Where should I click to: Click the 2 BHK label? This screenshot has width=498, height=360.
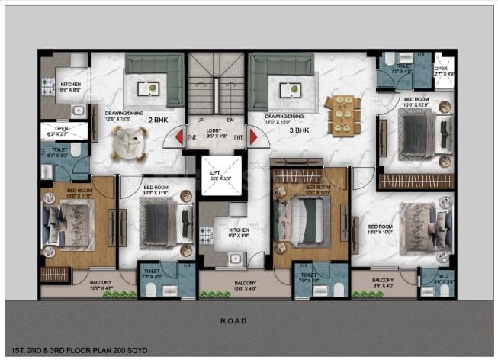(x=158, y=121)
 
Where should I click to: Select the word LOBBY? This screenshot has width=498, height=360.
(x=214, y=130)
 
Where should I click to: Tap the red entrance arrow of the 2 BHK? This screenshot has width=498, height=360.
(x=178, y=138)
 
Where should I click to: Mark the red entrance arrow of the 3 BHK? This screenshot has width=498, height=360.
(x=252, y=138)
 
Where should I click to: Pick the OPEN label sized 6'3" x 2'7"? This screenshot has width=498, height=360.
(x=61, y=130)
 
